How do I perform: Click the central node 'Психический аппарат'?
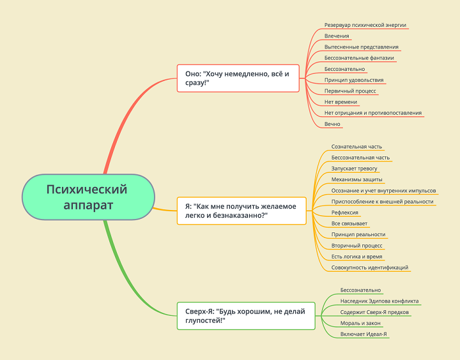pyautogui.click(x=87, y=197)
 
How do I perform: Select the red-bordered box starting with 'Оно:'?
pyautogui.click(x=237, y=79)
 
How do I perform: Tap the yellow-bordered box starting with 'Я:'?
pyautogui.click(x=241, y=211)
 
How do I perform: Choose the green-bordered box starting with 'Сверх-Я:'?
pyautogui.click(x=245, y=316)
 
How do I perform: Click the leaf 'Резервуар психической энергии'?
pyautogui.click(x=365, y=25)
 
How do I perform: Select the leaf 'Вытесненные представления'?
pyautogui.click(x=361, y=47)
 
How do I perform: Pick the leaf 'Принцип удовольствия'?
pyautogui.click(x=354, y=80)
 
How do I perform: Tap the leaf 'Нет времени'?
pyautogui.click(x=341, y=102)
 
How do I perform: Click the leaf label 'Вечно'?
pyautogui.click(x=332, y=124)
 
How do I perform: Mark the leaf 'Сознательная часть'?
pyautogui.click(x=356, y=146)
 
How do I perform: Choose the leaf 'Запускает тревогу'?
pyautogui.click(x=354, y=169)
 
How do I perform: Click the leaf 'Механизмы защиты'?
pyautogui.click(x=356, y=179)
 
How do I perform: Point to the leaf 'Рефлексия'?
pyautogui.click(x=345, y=212)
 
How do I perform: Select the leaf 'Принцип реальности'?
pyautogui.click(x=358, y=234)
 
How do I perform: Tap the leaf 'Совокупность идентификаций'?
pyautogui.click(x=370, y=267)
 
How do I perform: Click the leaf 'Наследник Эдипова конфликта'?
pyautogui.click(x=380, y=301)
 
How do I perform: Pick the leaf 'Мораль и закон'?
pyautogui.click(x=360, y=323)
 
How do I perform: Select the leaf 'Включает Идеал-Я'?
pyautogui.click(x=364, y=334)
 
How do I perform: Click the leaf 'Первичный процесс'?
pyautogui.click(x=350, y=91)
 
